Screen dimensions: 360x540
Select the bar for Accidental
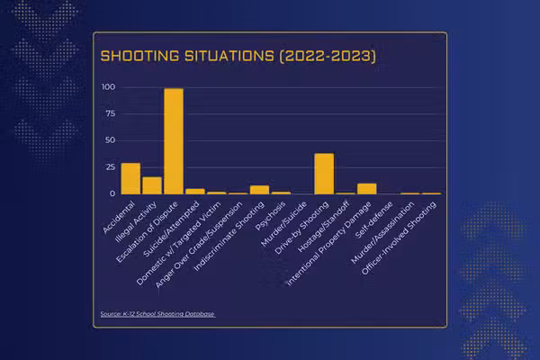[x=130, y=178]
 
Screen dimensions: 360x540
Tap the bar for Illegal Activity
[x=152, y=185]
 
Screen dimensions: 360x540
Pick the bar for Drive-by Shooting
[x=324, y=174]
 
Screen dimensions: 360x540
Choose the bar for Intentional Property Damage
[x=366, y=189]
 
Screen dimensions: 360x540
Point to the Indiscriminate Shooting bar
[x=259, y=190]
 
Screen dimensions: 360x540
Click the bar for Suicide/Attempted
[x=195, y=191]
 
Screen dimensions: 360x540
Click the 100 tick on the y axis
[x=109, y=87]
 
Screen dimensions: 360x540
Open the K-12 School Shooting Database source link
[x=158, y=314]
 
